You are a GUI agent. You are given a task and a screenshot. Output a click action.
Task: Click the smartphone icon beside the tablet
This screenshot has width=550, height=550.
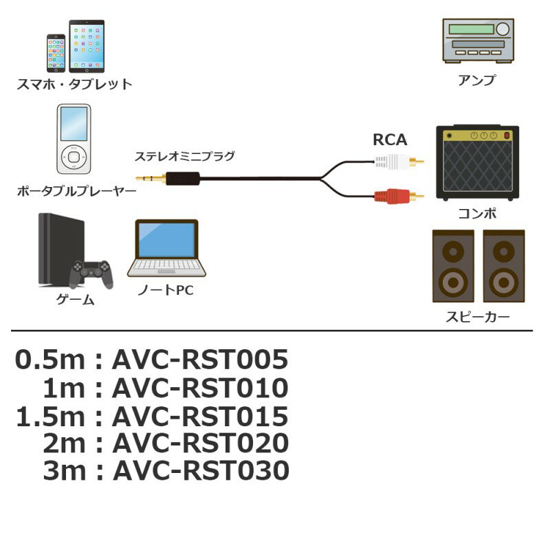coord(56,53)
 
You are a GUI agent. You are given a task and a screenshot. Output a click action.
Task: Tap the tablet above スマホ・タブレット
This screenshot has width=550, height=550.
coord(87,45)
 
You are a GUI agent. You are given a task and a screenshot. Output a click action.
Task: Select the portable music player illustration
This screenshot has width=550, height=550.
coord(72,139)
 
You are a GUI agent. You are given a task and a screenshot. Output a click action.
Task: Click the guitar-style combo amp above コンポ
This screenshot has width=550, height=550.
coord(477,162)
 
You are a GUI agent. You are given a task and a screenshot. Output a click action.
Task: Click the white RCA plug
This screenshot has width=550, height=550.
coord(395,163)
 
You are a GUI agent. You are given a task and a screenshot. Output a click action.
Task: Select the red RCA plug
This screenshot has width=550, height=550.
coord(395,197)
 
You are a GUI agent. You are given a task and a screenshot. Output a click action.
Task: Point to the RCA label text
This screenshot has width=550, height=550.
coord(390,140)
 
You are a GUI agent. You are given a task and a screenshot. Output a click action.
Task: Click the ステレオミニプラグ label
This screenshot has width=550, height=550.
coord(184,156)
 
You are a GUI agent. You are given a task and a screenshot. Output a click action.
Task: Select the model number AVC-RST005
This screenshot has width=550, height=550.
coord(199,360)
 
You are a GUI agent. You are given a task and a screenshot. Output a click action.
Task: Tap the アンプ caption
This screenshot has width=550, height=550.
coord(476,80)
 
